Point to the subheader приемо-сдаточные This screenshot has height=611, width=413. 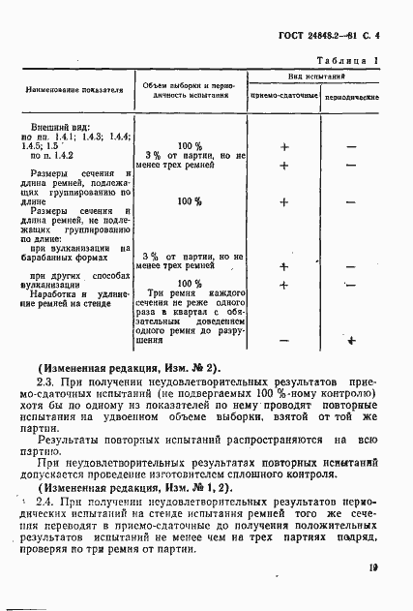tap(284, 99)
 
